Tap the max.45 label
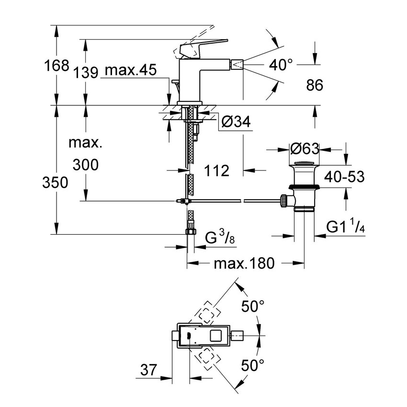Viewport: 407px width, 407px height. point(131,71)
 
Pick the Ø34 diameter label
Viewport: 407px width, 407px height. point(236,123)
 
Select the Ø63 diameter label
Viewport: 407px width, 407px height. point(305,149)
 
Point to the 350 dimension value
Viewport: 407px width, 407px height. point(55,182)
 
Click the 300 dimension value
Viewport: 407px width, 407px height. point(86,165)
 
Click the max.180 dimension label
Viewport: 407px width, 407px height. point(244,263)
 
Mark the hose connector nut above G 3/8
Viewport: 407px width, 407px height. point(190,231)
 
